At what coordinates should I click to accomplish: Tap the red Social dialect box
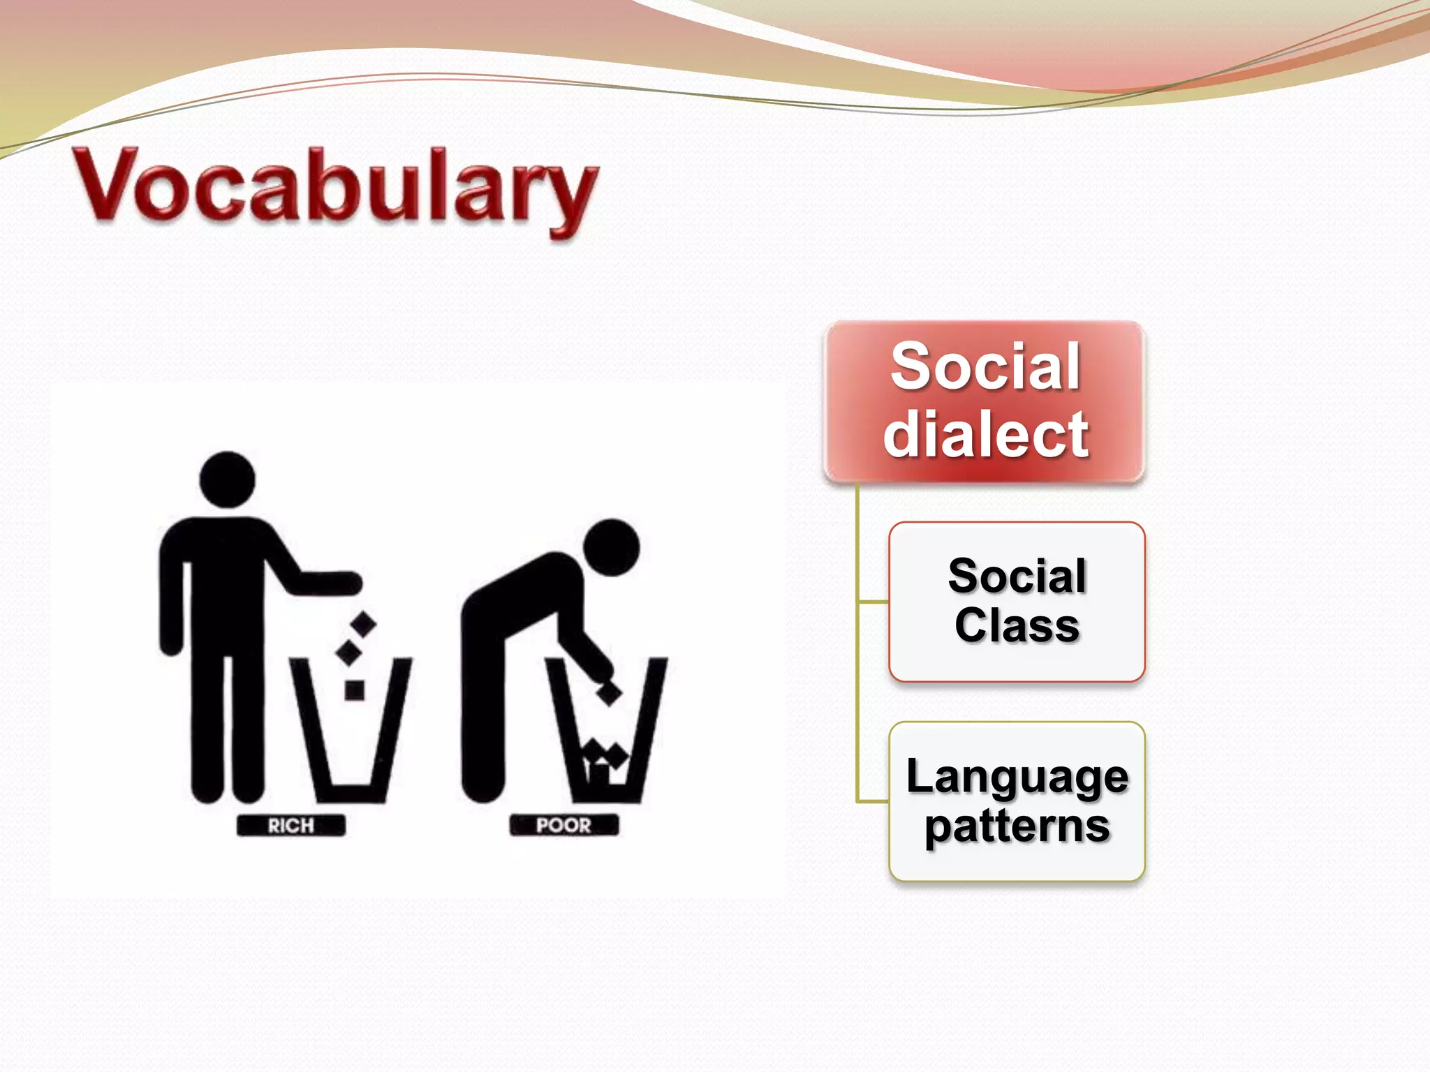coord(985,401)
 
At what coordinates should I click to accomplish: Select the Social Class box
coord(1017,601)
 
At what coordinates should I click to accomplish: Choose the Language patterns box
coord(1017,801)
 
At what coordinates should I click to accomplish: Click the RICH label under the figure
coord(291,826)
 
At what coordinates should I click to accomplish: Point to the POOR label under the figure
coord(563,826)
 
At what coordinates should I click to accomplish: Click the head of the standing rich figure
coord(227,479)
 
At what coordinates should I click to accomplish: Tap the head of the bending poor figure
coord(612,547)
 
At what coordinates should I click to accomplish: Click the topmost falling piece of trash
coord(362,625)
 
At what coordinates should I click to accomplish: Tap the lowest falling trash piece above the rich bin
coord(355,690)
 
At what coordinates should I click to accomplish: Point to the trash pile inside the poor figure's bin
coord(605,761)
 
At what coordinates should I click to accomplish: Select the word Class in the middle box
coord(1017,625)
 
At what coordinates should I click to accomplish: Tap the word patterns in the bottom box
coord(1017,826)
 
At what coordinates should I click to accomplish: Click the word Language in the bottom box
coord(1017,776)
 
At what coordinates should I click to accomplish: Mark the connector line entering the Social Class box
coord(873,601)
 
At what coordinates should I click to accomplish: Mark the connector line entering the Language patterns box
coord(873,801)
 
